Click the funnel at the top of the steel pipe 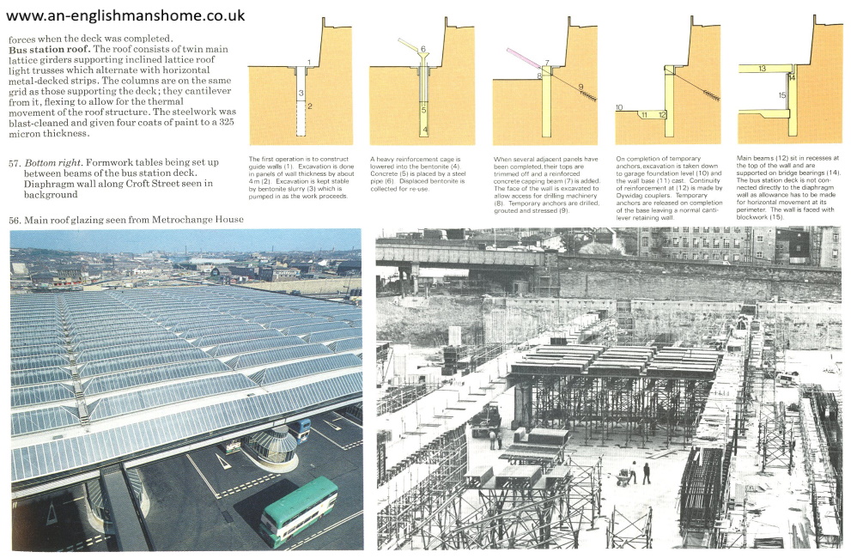click(x=423, y=56)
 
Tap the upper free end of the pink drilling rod click(x=508, y=51)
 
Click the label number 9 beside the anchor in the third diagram click(x=581, y=87)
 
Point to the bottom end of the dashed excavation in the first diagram click(x=301, y=135)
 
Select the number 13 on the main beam click(x=763, y=69)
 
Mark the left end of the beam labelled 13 click(x=739, y=69)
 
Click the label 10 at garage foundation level click(x=619, y=107)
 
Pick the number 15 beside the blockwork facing click(x=782, y=95)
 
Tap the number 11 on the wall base click(x=644, y=114)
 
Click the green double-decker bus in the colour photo click(x=298, y=511)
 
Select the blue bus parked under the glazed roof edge click(x=299, y=430)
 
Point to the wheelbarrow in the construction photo click(x=623, y=477)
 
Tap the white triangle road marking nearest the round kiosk click(x=222, y=461)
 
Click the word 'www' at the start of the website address click(x=23, y=16)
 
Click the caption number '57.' click(x=15, y=163)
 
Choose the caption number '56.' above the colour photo click(x=15, y=220)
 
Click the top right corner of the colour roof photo click(x=362, y=229)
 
